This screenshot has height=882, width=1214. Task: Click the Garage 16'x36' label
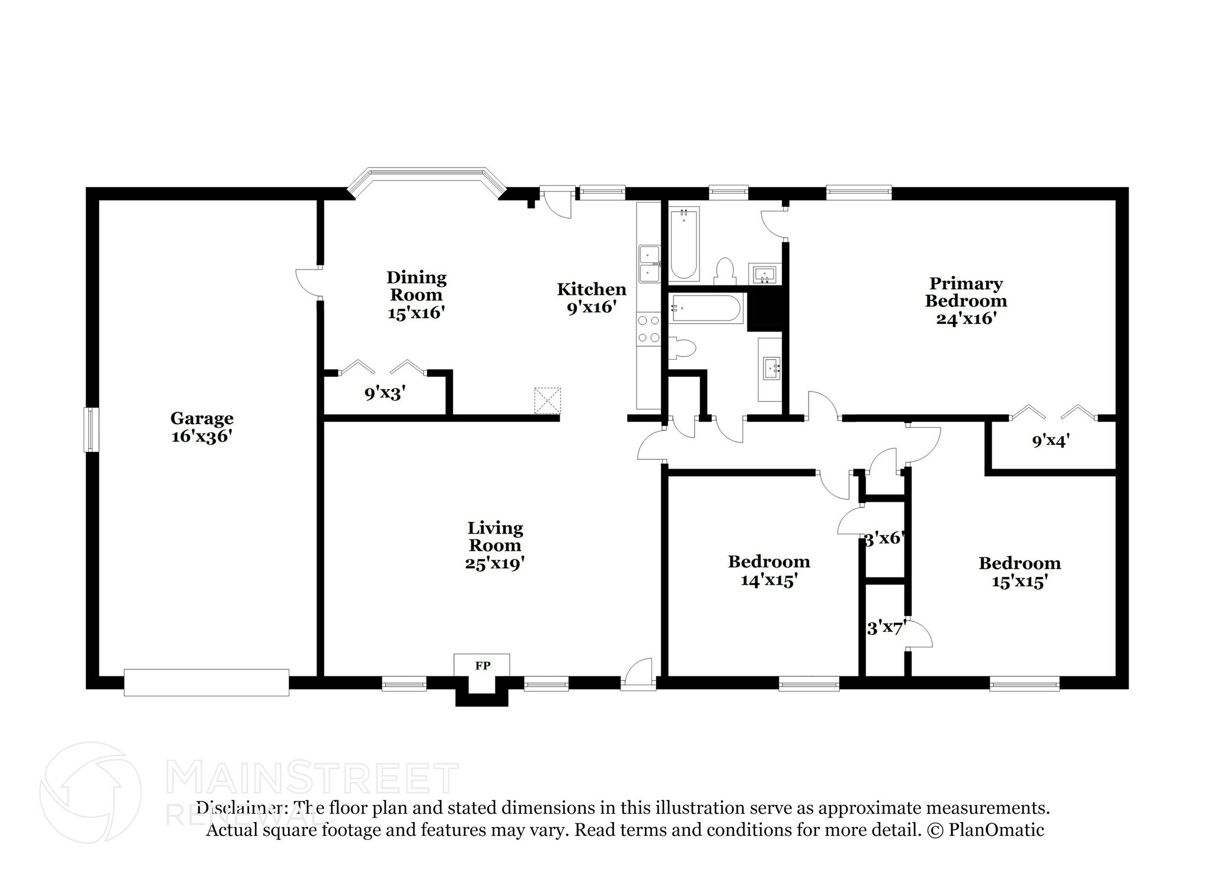click(202, 427)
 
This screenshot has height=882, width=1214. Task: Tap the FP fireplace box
click(482, 665)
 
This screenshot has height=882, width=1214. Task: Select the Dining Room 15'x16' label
click(416, 294)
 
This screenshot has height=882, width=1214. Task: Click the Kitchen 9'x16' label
click(591, 298)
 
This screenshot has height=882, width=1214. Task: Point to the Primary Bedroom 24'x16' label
click(966, 300)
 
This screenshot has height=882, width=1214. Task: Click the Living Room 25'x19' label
click(495, 545)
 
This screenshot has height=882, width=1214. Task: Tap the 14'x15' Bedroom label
click(769, 570)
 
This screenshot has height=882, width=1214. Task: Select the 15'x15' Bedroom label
click(1020, 572)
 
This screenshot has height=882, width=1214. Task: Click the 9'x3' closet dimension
click(385, 393)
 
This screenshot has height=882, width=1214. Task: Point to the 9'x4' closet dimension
click(1050, 441)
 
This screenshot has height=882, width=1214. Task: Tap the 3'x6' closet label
click(883, 539)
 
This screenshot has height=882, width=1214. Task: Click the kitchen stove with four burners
click(648, 329)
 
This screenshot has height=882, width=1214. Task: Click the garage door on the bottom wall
click(206, 682)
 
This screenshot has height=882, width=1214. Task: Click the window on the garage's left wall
click(91, 429)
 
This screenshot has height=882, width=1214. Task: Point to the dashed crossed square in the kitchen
click(547, 401)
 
